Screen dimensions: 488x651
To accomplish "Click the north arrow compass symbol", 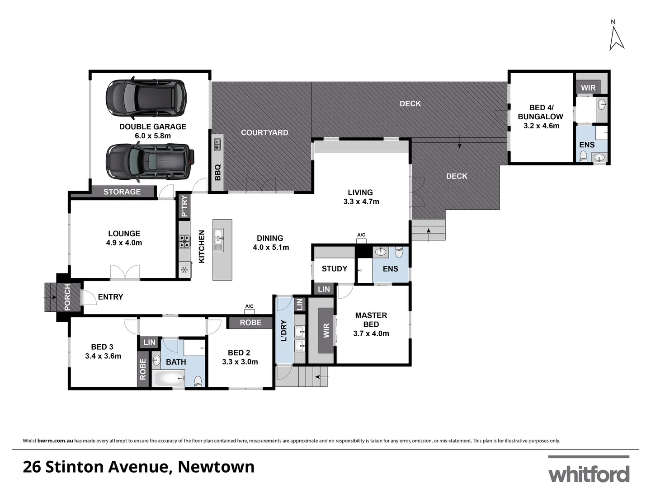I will (616, 36).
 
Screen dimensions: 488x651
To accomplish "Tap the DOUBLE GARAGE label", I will (153, 127).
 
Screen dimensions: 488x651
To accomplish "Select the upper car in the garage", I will (146, 98).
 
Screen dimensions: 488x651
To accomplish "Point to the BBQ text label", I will (218, 172).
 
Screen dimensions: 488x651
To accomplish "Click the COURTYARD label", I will (264, 132).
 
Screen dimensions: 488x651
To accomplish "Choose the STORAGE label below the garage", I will (122, 192).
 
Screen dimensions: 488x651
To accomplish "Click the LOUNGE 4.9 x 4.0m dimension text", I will (124, 243).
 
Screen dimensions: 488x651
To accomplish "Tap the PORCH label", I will (67, 297).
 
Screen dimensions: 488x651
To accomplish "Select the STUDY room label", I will (335, 269).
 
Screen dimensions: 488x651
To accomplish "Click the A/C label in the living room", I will (361, 235).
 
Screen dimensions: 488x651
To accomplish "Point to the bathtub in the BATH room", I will (170, 378).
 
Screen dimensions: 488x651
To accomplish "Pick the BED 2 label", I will (239, 352).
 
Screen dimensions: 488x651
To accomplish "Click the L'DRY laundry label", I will (284, 330).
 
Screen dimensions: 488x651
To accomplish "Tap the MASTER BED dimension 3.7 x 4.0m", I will (371, 333).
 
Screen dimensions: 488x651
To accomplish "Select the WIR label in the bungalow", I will (588, 88).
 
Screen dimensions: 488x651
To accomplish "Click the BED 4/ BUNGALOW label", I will (541, 112).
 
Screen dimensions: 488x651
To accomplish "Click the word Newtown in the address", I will (216, 467).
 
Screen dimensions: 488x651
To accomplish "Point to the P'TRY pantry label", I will (184, 206).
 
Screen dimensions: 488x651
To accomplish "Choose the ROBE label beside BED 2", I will (250, 323).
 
